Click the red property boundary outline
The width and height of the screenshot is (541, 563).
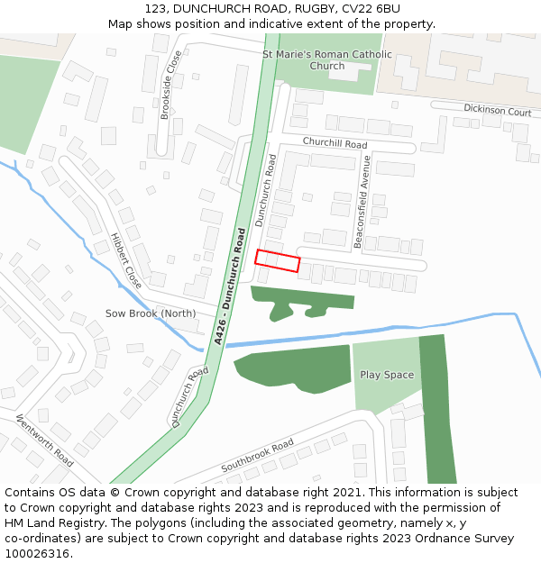point(277,261)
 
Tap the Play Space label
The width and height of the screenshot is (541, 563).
point(387,375)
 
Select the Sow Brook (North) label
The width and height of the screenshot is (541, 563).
point(151,313)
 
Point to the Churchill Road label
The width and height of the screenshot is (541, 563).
point(335,143)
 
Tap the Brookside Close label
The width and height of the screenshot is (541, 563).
point(170,85)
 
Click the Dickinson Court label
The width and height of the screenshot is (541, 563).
point(497,111)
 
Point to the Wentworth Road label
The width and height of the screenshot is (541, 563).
point(45,440)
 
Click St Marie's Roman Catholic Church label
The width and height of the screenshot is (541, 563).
point(327,59)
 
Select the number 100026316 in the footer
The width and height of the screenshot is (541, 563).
point(37,553)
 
